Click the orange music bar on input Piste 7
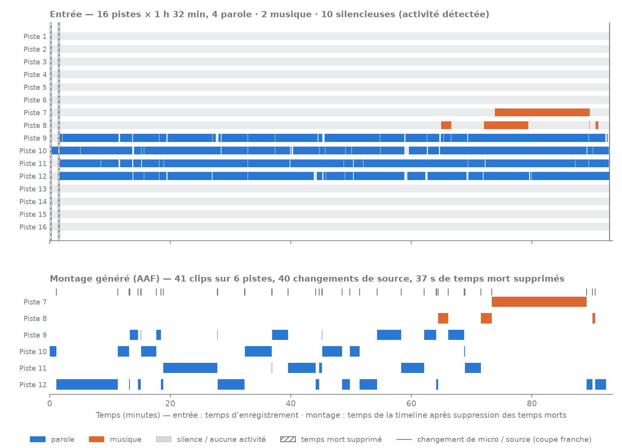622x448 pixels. [x=542, y=112]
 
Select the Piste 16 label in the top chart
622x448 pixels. [x=33, y=227]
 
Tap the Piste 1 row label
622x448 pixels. [x=35, y=37]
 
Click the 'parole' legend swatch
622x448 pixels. [x=37, y=439]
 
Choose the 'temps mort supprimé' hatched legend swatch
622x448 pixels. [x=288, y=439]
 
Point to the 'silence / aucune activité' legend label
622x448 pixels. [x=221, y=439]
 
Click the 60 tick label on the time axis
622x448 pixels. [x=411, y=403]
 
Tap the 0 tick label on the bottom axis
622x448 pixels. [x=50, y=403]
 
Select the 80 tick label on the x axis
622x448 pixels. [x=532, y=403]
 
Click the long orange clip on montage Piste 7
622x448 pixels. [x=539, y=302]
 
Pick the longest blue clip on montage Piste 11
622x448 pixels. [x=190, y=368]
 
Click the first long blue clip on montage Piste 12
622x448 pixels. [x=87, y=384]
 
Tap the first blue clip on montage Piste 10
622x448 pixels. [x=53, y=351]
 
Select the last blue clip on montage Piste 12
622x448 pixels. [x=600, y=384]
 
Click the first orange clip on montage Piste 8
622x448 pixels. [x=443, y=318]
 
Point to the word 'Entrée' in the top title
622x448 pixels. [x=66, y=14]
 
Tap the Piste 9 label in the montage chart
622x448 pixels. [x=35, y=335]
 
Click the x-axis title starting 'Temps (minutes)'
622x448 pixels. [x=331, y=415]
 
